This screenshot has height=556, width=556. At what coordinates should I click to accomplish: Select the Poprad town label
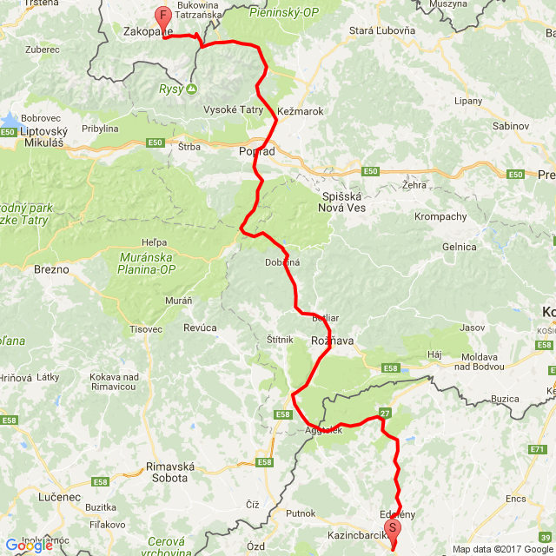(256, 151)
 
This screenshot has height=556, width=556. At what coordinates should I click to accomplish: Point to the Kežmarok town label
(301, 111)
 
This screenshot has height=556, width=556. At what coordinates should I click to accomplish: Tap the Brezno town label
(51, 269)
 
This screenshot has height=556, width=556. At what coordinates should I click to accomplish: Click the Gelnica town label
(460, 247)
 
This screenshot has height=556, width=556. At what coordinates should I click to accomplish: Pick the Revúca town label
(201, 328)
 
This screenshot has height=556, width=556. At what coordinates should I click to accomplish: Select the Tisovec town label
(145, 329)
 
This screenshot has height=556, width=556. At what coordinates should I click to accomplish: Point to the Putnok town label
(301, 513)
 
